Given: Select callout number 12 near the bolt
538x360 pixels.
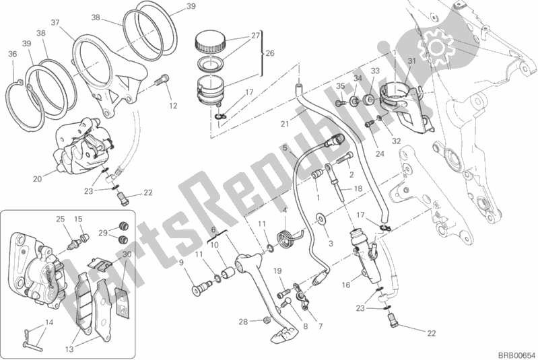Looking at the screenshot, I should click(174, 105).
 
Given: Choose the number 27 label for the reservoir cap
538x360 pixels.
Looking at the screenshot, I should click(256, 36).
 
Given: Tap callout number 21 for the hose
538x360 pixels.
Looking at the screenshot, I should click(285, 122).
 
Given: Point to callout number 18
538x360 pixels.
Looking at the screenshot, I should click(358, 188).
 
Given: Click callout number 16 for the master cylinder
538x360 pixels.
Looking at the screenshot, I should click(345, 285).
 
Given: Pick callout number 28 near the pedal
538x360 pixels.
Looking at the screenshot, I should click(243, 321).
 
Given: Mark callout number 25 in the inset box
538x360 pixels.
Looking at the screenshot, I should click(59, 219).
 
